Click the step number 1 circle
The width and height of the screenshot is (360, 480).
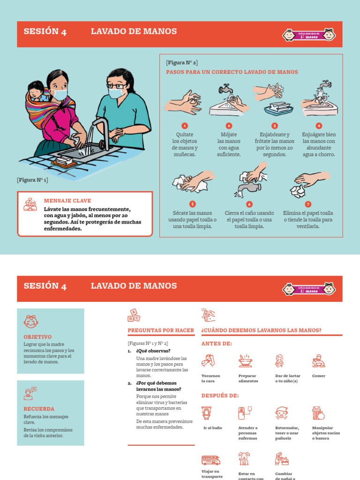click(185, 126)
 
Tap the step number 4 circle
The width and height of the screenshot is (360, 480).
click(319, 126)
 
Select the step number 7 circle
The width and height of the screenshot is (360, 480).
click(308, 204)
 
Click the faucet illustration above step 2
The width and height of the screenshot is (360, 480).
click(226, 89)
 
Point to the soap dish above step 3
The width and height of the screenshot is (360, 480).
click(278, 109)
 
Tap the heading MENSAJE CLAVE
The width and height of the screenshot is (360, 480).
click(67, 200)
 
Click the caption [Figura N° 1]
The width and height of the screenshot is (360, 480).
click(32, 180)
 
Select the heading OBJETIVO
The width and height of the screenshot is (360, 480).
click(37, 337)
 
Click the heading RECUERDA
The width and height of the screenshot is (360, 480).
click(39, 409)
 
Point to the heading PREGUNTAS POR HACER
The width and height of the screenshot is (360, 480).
click(161, 330)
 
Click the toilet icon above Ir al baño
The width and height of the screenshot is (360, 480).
click(206, 413)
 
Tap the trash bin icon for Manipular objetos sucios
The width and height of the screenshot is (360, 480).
click(318, 413)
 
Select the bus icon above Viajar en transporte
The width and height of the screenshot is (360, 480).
click(210, 460)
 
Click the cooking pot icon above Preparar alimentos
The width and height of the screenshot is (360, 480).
click(244, 360)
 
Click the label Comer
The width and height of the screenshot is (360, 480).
click(319, 375)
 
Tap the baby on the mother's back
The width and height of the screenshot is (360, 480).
click(36, 90)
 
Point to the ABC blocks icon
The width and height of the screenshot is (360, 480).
click(134, 315)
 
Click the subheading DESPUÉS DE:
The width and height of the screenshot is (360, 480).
click(220, 395)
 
